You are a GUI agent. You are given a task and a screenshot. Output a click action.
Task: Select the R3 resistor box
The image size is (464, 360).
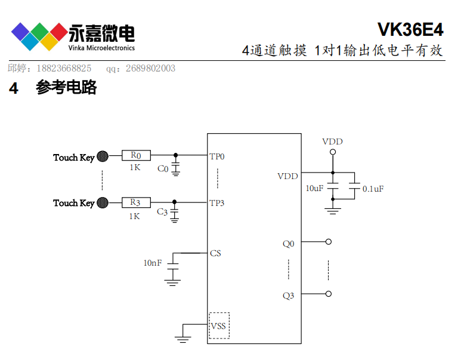[135, 203]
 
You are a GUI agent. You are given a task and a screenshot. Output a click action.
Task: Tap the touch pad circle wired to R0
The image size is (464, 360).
[103, 157]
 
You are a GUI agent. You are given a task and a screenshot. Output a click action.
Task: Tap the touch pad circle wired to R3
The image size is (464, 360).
[103, 203]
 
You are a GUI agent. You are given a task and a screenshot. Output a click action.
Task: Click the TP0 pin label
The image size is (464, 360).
[217, 157]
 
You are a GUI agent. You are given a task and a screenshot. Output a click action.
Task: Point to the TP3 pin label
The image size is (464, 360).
[217, 203]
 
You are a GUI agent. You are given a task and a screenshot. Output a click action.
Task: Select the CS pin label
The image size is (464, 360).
[215, 253]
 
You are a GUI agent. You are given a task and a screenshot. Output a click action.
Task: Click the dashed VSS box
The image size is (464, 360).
[219, 325]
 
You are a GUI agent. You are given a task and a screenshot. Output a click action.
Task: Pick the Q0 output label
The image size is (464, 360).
[288, 244]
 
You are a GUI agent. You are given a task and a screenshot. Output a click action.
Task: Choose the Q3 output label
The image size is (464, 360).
[288, 295]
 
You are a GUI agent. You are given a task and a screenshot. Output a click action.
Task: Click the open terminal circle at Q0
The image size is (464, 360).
[328, 242]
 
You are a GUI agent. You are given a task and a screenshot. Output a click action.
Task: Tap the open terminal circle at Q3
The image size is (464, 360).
[328, 294]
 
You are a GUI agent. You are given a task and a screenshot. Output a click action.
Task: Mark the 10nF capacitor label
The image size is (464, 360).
[152, 263]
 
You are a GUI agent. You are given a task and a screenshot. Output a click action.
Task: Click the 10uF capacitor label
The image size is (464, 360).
[314, 188]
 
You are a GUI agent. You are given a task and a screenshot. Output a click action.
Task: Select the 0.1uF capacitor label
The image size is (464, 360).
[373, 189]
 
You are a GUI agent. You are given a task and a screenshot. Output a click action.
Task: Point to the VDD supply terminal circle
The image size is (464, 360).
[333, 152]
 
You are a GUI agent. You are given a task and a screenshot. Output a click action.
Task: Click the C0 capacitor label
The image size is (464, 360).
[163, 169]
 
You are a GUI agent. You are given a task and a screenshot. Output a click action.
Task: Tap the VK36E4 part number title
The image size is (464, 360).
[410, 30]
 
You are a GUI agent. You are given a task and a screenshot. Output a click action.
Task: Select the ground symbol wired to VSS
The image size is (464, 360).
[183, 339]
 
